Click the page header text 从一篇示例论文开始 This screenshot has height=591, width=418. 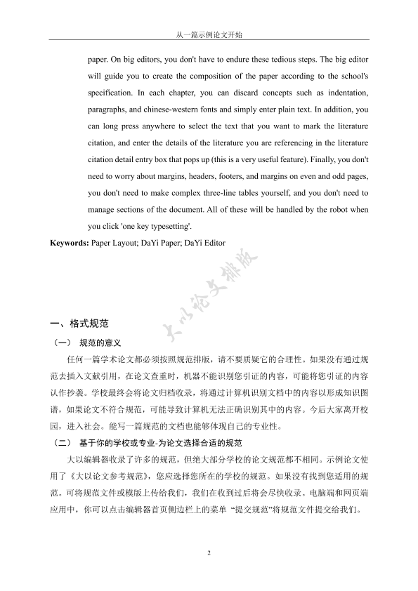coord(209,34)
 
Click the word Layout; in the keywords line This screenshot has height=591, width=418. coord(131,242)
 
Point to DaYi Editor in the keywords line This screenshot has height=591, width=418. coord(207,242)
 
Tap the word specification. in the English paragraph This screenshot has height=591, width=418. coord(112,93)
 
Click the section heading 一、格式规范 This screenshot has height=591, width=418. coord(79,324)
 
